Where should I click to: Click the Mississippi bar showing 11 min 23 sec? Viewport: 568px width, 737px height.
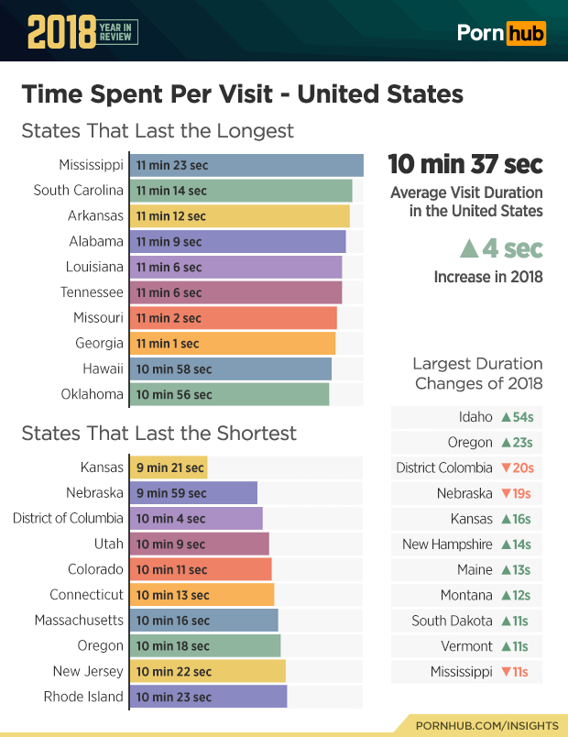click(x=247, y=165)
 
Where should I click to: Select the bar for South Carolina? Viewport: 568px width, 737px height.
click(x=242, y=191)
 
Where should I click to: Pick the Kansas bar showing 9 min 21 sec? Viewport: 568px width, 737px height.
click(x=169, y=467)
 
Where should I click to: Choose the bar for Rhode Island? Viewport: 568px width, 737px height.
click(x=210, y=697)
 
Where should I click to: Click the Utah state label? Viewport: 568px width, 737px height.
click(x=108, y=544)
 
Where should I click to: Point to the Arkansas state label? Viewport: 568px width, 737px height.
click(x=95, y=216)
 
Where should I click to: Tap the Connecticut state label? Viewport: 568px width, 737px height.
click(x=86, y=595)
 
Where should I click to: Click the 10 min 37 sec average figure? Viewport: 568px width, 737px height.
click(x=465, y=164)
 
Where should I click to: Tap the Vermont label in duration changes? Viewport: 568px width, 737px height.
click(x=466, y=646)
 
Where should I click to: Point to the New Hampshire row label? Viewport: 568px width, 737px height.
click(x=447, y=544)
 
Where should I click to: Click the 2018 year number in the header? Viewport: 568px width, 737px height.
click(x=61, y=33)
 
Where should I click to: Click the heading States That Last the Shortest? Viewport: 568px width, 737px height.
click(x=158, y=433)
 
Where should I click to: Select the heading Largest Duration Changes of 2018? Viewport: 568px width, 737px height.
click(x=478, y=373)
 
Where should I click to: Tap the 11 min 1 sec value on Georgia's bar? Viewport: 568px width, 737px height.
click(x=168, y=344)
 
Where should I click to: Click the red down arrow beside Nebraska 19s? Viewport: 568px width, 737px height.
click(x=505, y=493)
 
